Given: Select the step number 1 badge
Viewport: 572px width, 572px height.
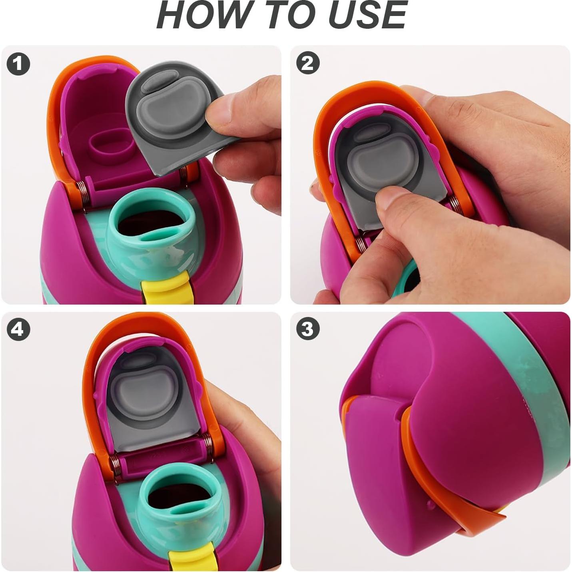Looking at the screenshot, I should tap(18, 64).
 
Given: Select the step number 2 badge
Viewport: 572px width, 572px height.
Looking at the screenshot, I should tap(308, 63).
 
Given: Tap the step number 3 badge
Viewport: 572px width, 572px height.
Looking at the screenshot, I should tap(308, 329).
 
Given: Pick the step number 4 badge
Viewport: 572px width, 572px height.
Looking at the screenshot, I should tap(18, 329).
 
